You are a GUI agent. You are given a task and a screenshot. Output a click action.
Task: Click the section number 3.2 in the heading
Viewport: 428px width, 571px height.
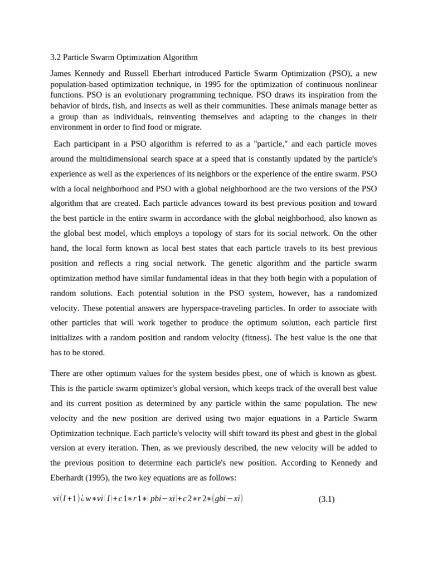tap(55, 57)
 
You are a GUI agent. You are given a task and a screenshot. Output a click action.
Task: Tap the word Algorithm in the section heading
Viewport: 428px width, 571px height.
tap(179, 57)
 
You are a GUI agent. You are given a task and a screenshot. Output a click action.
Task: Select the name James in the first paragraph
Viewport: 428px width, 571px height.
tap(61, 74)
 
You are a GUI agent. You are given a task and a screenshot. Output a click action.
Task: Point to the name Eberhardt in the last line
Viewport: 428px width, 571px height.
tap(69, 478)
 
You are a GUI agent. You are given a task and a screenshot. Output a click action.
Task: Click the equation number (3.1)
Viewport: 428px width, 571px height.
tap(326, 499)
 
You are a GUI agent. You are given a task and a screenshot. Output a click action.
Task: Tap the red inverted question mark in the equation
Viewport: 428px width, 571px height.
tap(82, 499)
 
